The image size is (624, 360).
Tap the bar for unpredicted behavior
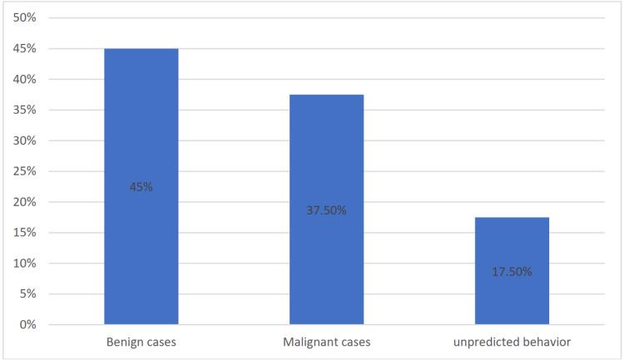512,249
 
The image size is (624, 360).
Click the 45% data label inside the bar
141,187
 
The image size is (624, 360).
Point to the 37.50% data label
326,210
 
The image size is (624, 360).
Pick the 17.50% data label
512,272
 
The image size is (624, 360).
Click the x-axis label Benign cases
141,342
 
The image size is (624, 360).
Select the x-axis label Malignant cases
326,342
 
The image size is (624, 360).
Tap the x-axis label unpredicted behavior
512,342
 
